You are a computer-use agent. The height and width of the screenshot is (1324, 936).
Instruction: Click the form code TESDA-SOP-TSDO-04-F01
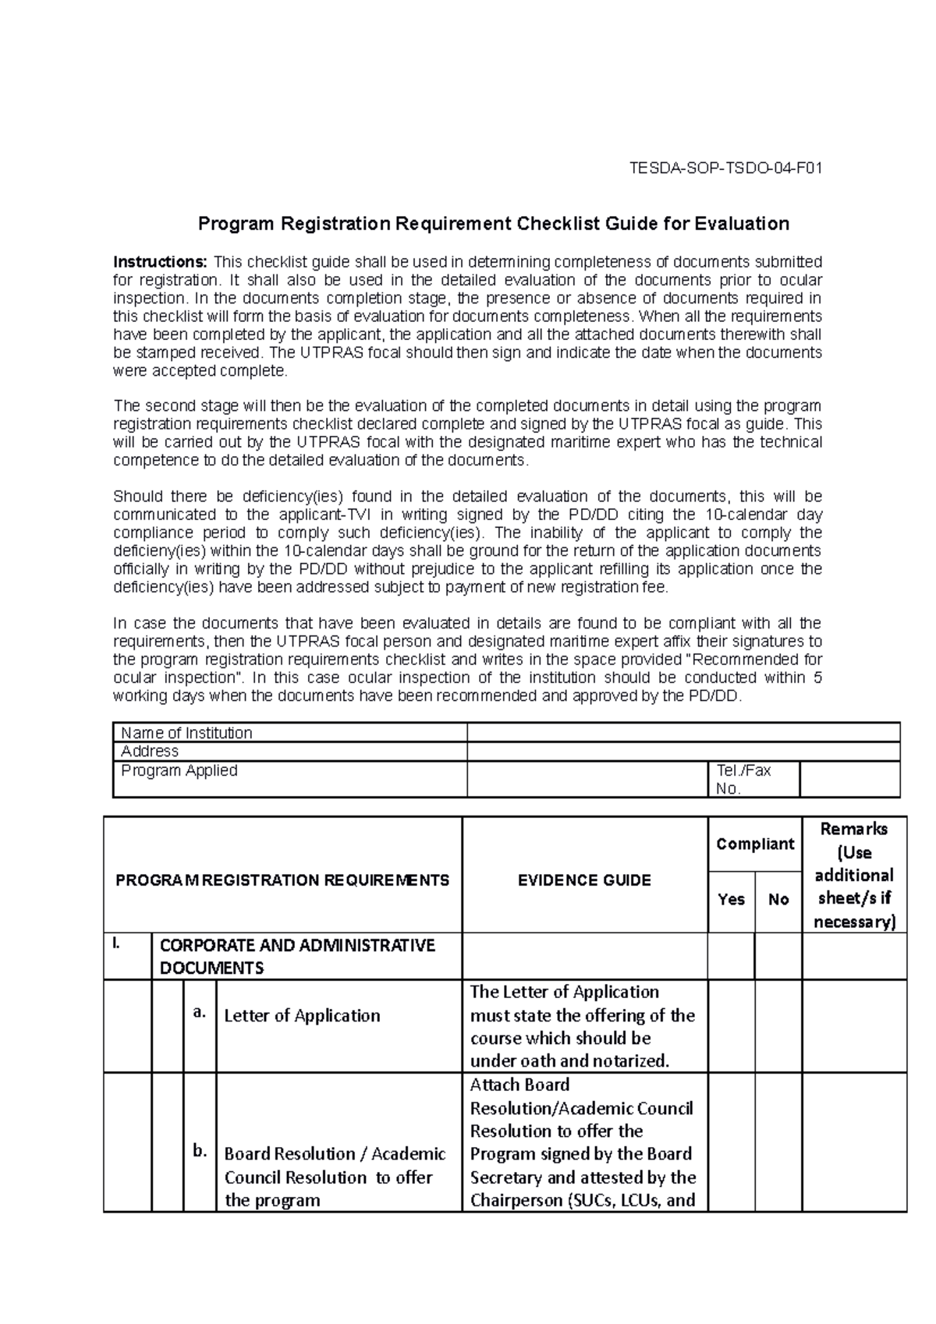725,168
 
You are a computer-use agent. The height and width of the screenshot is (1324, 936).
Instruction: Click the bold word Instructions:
161,261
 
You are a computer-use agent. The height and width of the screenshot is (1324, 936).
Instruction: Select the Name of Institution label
186,733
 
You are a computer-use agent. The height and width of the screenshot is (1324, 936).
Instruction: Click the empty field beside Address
682,752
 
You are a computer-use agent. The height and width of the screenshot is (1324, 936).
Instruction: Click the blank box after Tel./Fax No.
849,779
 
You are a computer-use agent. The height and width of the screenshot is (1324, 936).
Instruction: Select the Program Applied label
179,770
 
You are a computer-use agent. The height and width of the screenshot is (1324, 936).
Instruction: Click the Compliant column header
754,844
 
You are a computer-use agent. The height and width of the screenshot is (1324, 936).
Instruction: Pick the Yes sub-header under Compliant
731,900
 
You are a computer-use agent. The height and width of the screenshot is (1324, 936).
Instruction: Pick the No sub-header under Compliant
778,900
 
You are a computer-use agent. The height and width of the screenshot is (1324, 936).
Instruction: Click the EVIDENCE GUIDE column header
584,880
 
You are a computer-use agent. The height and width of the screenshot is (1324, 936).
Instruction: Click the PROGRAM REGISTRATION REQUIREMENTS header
282,880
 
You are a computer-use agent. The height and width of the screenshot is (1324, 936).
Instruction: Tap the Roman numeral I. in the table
117,945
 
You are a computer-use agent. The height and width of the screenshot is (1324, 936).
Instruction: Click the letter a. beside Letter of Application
200,1012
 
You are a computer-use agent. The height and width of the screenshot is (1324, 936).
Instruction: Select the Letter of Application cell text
302,1015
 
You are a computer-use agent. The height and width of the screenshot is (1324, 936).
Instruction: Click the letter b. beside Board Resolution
200,1151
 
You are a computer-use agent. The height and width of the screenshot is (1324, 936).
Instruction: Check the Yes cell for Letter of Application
731,1025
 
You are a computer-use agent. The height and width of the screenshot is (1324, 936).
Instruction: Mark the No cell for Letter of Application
778,1025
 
